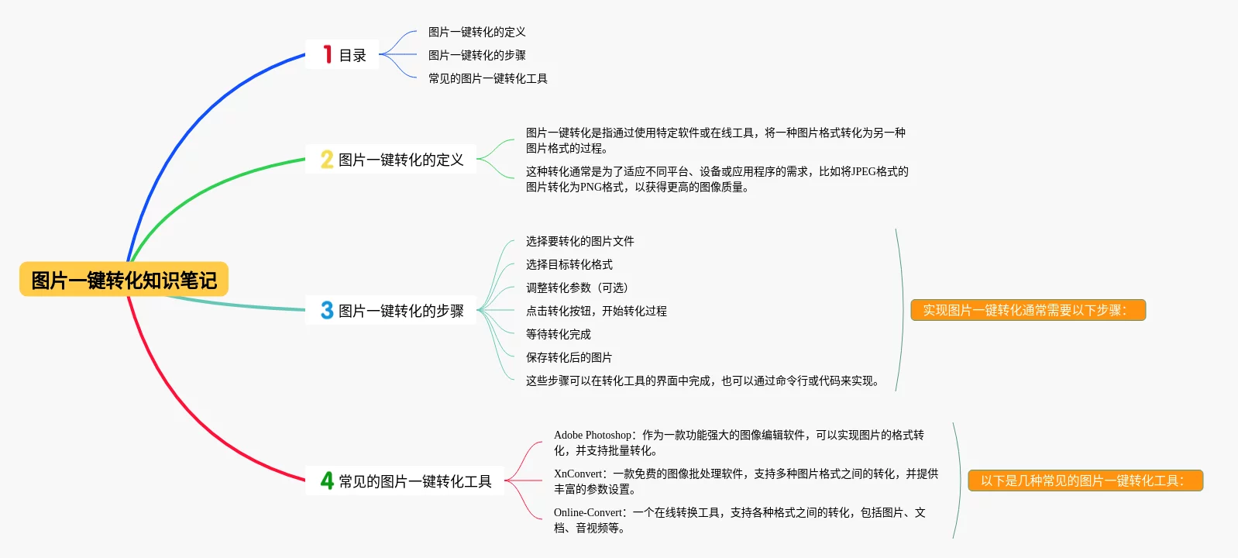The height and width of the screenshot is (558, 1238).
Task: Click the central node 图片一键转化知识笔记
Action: [124, 280]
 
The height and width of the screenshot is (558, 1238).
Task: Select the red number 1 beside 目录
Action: [328, 54]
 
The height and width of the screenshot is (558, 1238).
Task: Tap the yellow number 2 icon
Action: [327, 160]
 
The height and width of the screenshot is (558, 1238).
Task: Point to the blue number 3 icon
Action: [327, 311]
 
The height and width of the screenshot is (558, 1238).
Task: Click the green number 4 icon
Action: [327, 481]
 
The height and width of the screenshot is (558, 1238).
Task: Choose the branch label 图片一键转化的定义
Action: [401, 160]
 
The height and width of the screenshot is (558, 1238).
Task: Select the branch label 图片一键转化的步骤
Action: [401, 311]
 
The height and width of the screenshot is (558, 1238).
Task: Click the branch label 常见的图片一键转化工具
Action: [414, 481]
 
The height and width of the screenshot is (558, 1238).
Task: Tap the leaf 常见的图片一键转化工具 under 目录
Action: [487, 78]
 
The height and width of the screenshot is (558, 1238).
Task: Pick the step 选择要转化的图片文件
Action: [579, 241]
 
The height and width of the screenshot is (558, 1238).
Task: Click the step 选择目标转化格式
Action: [569, 264]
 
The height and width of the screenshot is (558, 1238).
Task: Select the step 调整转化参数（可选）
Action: [576, 288]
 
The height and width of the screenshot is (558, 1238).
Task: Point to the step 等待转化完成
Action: [558, 334]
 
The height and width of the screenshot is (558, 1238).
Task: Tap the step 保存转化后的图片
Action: [569, 357]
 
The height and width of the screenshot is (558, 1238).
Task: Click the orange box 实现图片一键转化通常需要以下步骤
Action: [1027, 310]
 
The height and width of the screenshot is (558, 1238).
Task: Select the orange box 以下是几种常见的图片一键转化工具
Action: [1085, 480]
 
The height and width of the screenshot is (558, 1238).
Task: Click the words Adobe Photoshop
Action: [593, 436]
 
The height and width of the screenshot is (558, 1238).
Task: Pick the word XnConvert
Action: [578, 474]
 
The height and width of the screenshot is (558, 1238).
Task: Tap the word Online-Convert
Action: [588, 513]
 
